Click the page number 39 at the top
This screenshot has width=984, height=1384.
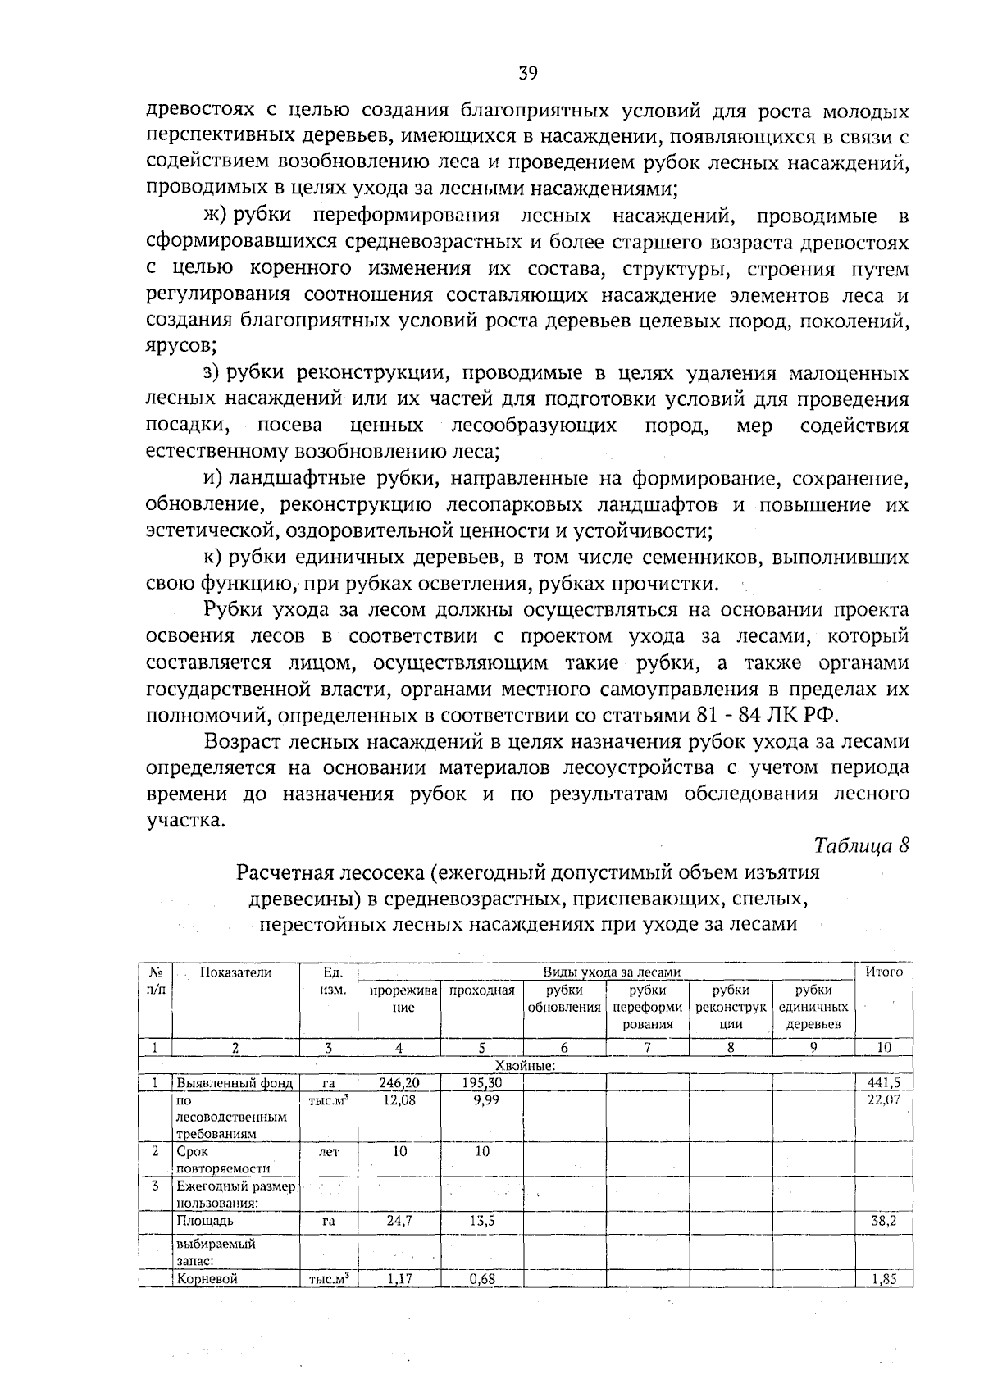[x=527, y=73]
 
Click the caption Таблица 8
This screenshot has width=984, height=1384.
[x=861, y=845]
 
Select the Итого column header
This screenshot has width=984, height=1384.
[x=884, y=972]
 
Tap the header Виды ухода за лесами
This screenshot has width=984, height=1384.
[x=612, y=972]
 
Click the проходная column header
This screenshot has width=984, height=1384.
[x=482, y=990]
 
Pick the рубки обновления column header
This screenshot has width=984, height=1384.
[x=564, y=998]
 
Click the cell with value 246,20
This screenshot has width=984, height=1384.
[x=400, y=1082]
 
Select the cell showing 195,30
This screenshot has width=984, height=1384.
[x=482, y=1082]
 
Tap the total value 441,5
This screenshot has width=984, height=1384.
[x=883, y=1082]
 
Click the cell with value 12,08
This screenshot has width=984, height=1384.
[x=400, y=1099]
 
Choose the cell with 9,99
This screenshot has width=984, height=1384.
[x=482, y=1099]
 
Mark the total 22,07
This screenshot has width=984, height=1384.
[x=883, y=1099]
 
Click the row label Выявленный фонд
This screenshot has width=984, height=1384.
[x=234, y=1082]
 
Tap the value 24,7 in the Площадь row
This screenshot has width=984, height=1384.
[x=400, y=1220]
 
